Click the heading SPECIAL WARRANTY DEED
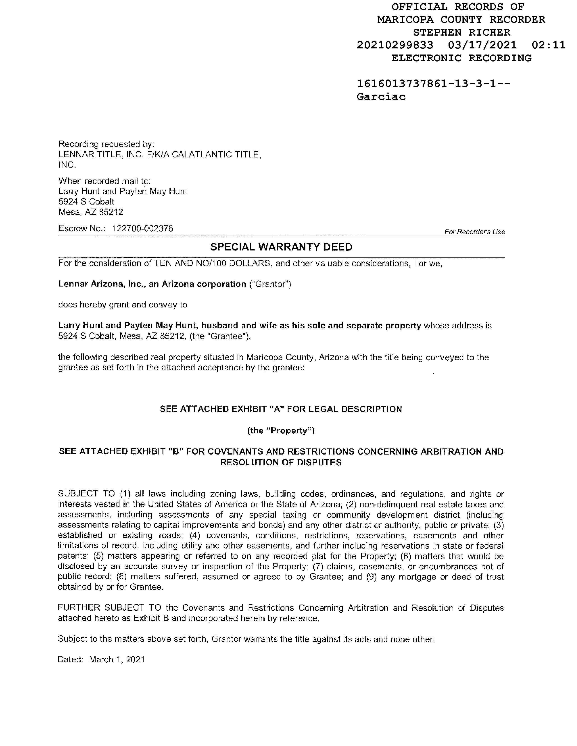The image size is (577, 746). click(x=281, y=247)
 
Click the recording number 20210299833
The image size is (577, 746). click(x=395, y=45)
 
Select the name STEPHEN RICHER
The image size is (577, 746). click(x=461, y=32)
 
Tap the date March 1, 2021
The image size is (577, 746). click(x=117, y=659)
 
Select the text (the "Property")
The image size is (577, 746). click(x=281, y=430)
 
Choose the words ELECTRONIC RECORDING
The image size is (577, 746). click(x=461, y=58)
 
